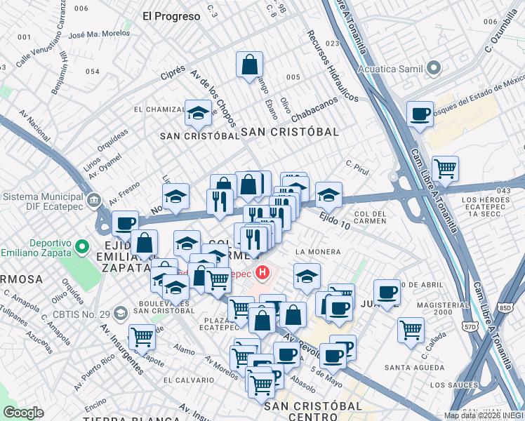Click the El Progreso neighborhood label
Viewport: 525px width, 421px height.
click(171, 15)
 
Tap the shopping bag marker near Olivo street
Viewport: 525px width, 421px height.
click(249, 66)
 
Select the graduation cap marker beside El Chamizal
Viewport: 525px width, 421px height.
click(199, 112)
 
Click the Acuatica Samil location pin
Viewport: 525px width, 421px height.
click(434, 68)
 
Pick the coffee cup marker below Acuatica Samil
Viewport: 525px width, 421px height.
click(420, 114)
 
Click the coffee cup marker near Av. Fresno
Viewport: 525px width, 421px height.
click(125, 224)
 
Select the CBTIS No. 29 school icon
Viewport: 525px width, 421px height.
click(120, 312)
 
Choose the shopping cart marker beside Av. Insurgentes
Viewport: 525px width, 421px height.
click(142, 337)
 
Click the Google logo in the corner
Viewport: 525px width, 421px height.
click(24, 412)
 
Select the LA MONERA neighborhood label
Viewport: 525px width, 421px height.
click(318, 251)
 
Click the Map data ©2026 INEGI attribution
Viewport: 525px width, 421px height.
click(484, 415)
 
